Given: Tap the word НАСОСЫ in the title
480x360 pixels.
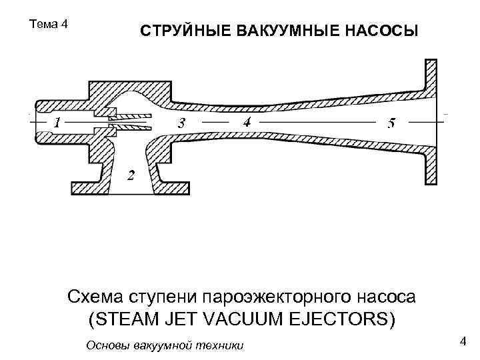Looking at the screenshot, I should coord(380,32).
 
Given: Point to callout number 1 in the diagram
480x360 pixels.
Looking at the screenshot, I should coord(57,123).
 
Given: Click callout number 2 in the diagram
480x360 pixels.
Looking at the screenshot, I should coord(130,177).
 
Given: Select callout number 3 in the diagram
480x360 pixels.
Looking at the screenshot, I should coord(181,124).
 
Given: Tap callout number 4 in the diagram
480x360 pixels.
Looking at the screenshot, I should coord(247,123).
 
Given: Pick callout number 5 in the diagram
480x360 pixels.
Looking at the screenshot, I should coord(391,124).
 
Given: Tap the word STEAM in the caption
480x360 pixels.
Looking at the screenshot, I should coord(126,319).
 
